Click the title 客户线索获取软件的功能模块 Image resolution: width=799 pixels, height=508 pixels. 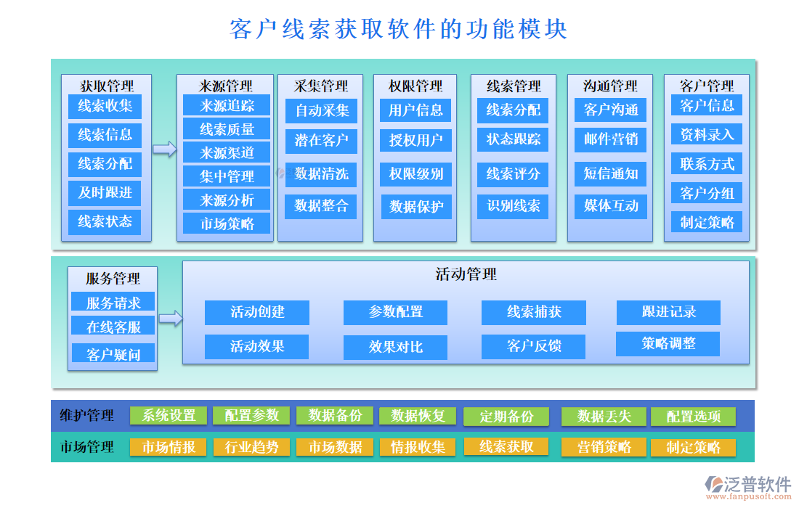click(x=398, y=29)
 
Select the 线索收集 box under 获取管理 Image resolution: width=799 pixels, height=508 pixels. click(x=105, y=106)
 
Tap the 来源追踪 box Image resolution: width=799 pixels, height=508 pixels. click(x=227, y=105)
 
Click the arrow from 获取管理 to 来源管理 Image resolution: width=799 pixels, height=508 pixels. click(x=164, y=149)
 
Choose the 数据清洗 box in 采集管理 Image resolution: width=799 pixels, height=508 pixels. click(x=321, y=174)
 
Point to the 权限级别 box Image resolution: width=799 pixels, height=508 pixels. click(x=416, y=174)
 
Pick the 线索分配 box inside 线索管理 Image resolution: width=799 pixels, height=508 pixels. click(x=513, y=110)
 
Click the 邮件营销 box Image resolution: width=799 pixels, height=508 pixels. click(x=610, y=139)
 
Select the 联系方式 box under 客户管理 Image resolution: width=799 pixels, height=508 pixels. click(x=707, y=164)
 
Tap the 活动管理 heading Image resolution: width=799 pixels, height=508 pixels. click(x=466, y=274)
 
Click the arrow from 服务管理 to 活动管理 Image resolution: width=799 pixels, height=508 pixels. click(x=170, y=318)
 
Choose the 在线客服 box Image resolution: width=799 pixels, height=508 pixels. click(x=113, y=327)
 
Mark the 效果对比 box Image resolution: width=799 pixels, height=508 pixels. click(x=395, y=347)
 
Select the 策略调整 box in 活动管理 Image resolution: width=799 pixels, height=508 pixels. click(x=668, y=344)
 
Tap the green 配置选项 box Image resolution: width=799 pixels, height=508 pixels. click(x=693, y=417)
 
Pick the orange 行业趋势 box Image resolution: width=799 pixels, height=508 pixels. click(x=251, y=447)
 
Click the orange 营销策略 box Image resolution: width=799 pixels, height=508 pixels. click(x=604, y=447)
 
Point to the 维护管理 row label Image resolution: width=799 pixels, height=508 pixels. click(x=86, y=416)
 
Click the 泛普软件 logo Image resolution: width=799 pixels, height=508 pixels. click(x=748, y=485)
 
